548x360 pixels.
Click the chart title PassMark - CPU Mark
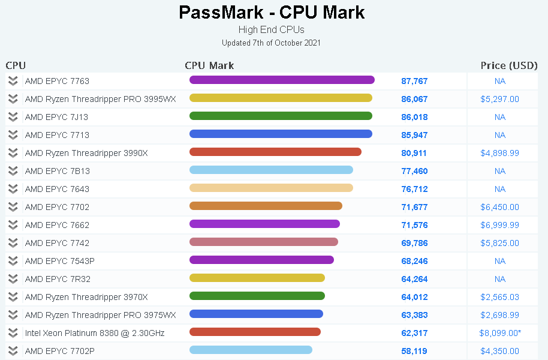272,13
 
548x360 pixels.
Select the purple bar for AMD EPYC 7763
282,80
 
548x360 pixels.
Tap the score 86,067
414,99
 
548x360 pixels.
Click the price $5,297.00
499,99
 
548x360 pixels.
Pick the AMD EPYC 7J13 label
57,117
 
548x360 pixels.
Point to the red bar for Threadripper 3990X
275,152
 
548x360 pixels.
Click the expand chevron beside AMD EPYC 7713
13,135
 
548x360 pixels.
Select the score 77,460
414,171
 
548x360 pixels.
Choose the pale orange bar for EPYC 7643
271,188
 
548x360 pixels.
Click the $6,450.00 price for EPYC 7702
499,207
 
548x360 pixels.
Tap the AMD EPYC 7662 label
57,225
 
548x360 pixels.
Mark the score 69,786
414,243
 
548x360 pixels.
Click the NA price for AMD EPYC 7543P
500,261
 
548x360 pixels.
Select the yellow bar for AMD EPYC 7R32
257,278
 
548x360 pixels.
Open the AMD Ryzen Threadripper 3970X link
86,297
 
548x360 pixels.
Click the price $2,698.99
499,315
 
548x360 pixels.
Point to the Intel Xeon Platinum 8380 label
95,333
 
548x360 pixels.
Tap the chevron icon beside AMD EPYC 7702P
13,351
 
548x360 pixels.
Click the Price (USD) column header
508,65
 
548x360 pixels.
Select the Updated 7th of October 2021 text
271,43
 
